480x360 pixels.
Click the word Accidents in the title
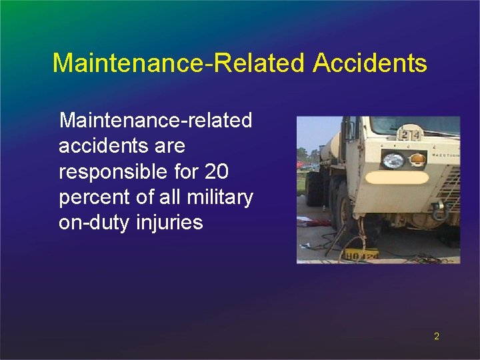coord(369,63)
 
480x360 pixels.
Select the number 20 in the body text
coord(217,171)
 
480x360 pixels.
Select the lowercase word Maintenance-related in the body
coord(155,121)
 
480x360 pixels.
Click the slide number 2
coord(437,336)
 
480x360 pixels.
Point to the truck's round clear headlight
coord(393,161)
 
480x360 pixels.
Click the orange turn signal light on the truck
coord(417,160)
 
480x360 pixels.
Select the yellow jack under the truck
coord(361,254)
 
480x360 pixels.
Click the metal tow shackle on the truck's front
coord(439,209)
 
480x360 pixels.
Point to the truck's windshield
coord(413,125)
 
